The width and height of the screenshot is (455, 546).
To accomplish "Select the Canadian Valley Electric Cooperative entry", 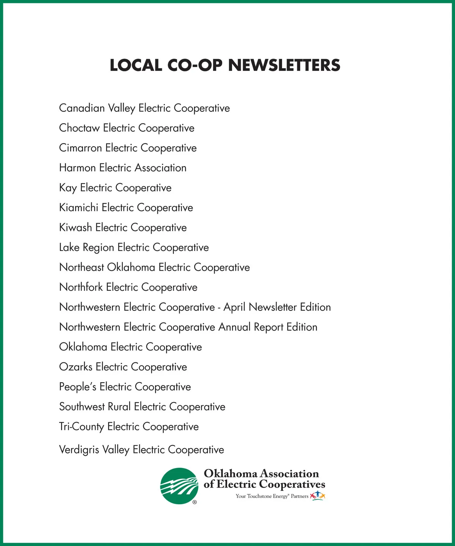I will click(144, 108).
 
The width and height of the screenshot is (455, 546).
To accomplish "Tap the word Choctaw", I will click(79, 128).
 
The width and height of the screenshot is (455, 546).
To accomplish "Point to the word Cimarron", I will click(80, 148).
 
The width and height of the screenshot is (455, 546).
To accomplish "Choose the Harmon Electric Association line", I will click(123, 168).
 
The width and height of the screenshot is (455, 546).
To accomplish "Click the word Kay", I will click(68, 188).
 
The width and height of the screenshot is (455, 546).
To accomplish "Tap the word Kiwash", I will click(75, 227).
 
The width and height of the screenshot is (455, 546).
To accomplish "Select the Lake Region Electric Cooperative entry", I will click(134, 248).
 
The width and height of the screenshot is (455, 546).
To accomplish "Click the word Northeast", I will click(82, 267).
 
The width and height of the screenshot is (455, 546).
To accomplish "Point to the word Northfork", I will click(81, 287).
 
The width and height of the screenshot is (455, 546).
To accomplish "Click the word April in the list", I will click(234, 308).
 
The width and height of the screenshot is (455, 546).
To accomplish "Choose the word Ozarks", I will click(76, 367).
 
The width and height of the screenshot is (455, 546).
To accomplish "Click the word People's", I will click(78, 387).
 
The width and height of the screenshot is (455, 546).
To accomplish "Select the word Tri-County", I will click(82, 427).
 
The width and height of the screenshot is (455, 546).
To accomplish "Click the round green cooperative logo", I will click(179, 486).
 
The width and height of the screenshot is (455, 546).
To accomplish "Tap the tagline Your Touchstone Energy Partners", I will click(272, 496).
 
